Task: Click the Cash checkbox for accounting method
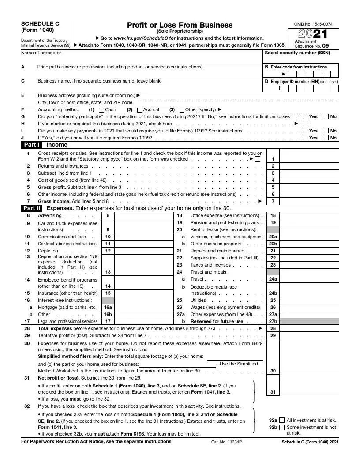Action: (101, 110)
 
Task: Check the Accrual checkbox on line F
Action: (139, 110)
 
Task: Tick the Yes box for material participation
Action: (305, 117)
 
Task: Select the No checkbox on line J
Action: (326, 138)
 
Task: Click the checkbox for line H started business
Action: (305, 124)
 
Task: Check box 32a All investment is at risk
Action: (282, 421)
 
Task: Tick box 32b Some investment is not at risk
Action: (282, 427)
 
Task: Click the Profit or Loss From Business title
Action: (180, 25)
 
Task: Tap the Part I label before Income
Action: (32, 144)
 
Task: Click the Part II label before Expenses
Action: (32, 208)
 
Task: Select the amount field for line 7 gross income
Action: (309, 201)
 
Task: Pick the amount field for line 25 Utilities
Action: (309, 300)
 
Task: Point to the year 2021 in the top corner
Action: (313, 34)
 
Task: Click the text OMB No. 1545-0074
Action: (313, 24)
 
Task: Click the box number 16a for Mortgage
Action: (108, 307)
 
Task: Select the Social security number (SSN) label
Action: (297, 53)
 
